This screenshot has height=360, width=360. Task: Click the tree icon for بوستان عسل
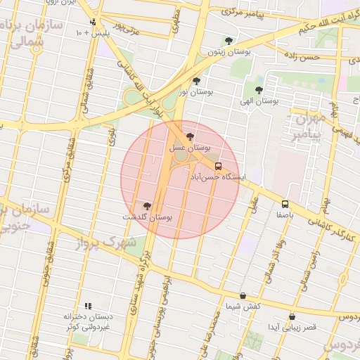(190, 136)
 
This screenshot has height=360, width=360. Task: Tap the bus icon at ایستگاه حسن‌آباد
(219, 167)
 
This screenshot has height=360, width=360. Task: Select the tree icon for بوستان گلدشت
(147, 205)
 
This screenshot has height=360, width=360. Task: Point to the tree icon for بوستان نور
(196, 81)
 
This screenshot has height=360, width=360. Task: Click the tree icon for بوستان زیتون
(227, 41)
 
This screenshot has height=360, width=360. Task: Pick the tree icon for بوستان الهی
(259, 90)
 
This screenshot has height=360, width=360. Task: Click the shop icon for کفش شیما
(243, 296)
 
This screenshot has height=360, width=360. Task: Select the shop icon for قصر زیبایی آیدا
(292, 317)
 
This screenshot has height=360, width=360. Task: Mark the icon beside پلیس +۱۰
(92, 22)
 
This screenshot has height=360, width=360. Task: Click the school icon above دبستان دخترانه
(88, 306)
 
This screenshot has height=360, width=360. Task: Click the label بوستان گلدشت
(148, 217)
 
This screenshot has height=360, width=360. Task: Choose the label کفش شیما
(243, 307)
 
